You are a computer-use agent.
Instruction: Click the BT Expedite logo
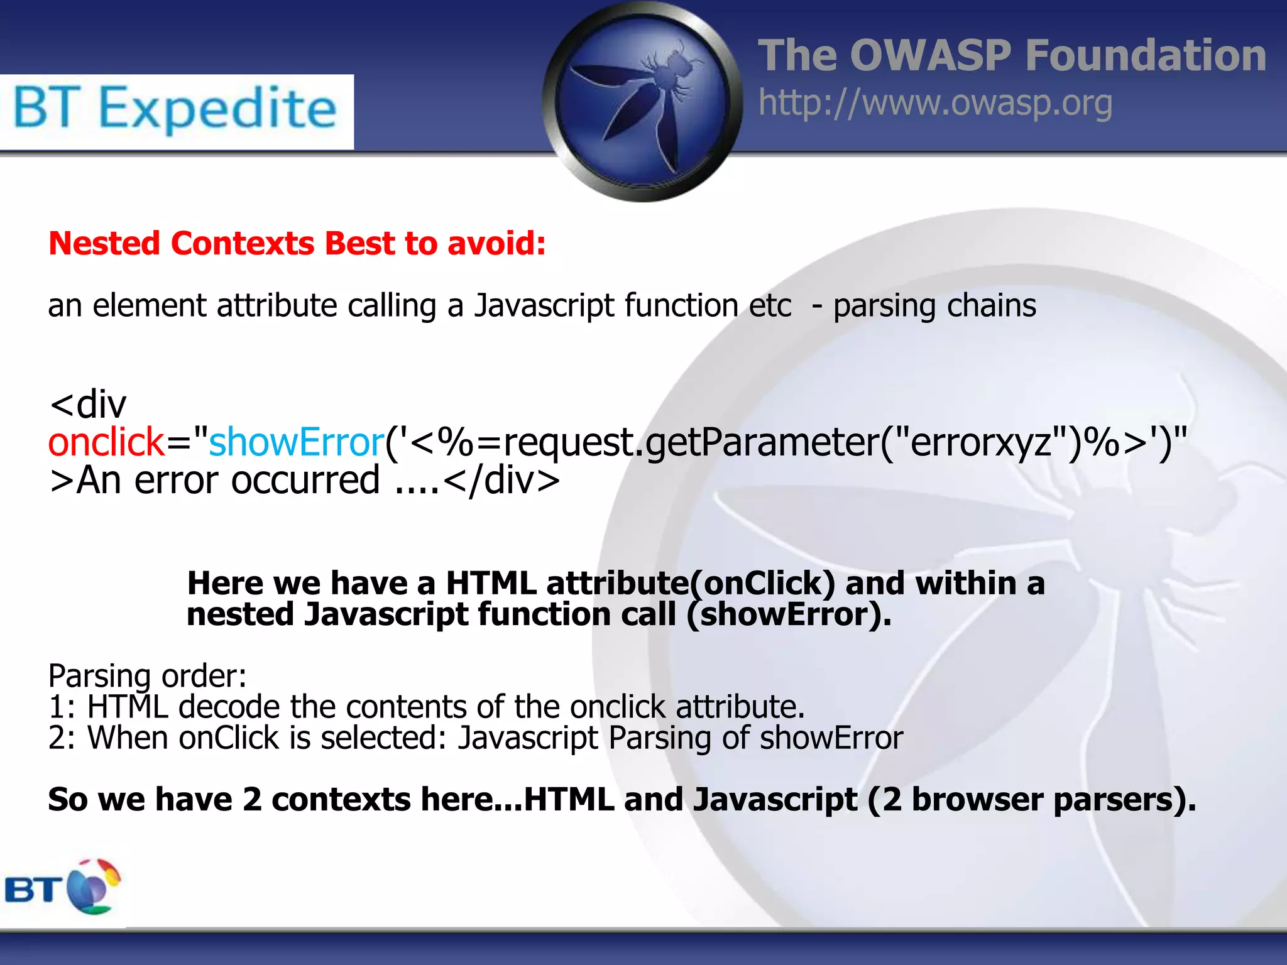point(176,111)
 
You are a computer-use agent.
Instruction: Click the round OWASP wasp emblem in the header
point(642,102)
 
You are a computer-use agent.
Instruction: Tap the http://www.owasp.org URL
point(935,104)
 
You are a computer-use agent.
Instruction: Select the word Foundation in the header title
point(1145,56)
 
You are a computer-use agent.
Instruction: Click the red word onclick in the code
point(106,442)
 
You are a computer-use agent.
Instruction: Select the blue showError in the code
point(296,442)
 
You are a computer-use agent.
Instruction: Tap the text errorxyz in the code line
point(981,442)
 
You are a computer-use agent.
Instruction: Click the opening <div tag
point(88,404)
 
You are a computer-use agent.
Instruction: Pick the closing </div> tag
point(501,481)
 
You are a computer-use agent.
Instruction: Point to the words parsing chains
point(934,307)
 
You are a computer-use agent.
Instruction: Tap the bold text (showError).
point(789,614)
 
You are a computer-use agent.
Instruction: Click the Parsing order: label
point(147,677)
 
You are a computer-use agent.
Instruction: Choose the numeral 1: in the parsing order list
point(62,707)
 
